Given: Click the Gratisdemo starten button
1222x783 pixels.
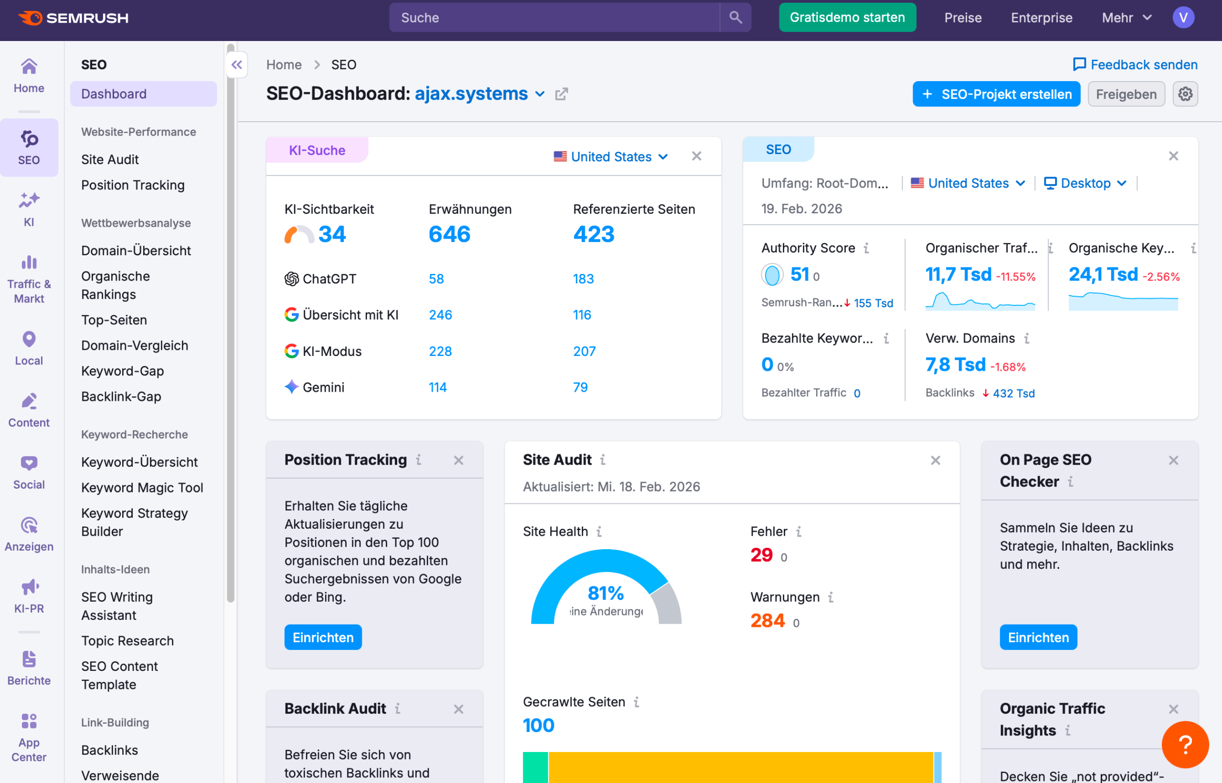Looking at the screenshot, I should [x=847, y=18].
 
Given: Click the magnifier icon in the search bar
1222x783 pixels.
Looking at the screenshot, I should [x=735, y=18].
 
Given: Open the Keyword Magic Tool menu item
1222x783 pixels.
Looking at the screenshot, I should [x=142, y=488].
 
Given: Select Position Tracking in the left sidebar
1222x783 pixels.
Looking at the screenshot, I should [x=133, y=185].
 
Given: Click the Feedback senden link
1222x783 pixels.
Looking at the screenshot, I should [x=1135, y=64].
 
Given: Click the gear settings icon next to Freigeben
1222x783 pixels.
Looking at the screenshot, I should [x=1185, y=94].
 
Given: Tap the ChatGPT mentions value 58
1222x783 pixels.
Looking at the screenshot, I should [x=436, y=279].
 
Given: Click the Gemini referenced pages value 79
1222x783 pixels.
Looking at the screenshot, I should [x=580, y=387].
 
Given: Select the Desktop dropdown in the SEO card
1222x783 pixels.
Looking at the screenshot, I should [x=1085, y=183].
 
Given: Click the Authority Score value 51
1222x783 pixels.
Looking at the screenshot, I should [x=800, y=274].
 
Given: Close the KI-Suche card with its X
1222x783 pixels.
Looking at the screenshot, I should [x=696, y=156].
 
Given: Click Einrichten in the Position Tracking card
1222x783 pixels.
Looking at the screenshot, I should [x=323, y=637].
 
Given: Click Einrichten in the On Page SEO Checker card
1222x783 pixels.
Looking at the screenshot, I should [x=1038, y=637].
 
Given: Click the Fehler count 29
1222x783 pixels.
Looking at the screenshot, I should [x=761, y=555].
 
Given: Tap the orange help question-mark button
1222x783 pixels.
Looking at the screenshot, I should [x=1184, y=744].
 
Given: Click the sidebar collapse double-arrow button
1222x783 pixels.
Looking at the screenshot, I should [x=237, y=64].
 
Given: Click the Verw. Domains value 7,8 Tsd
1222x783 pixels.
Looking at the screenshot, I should [x=955, y=365].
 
